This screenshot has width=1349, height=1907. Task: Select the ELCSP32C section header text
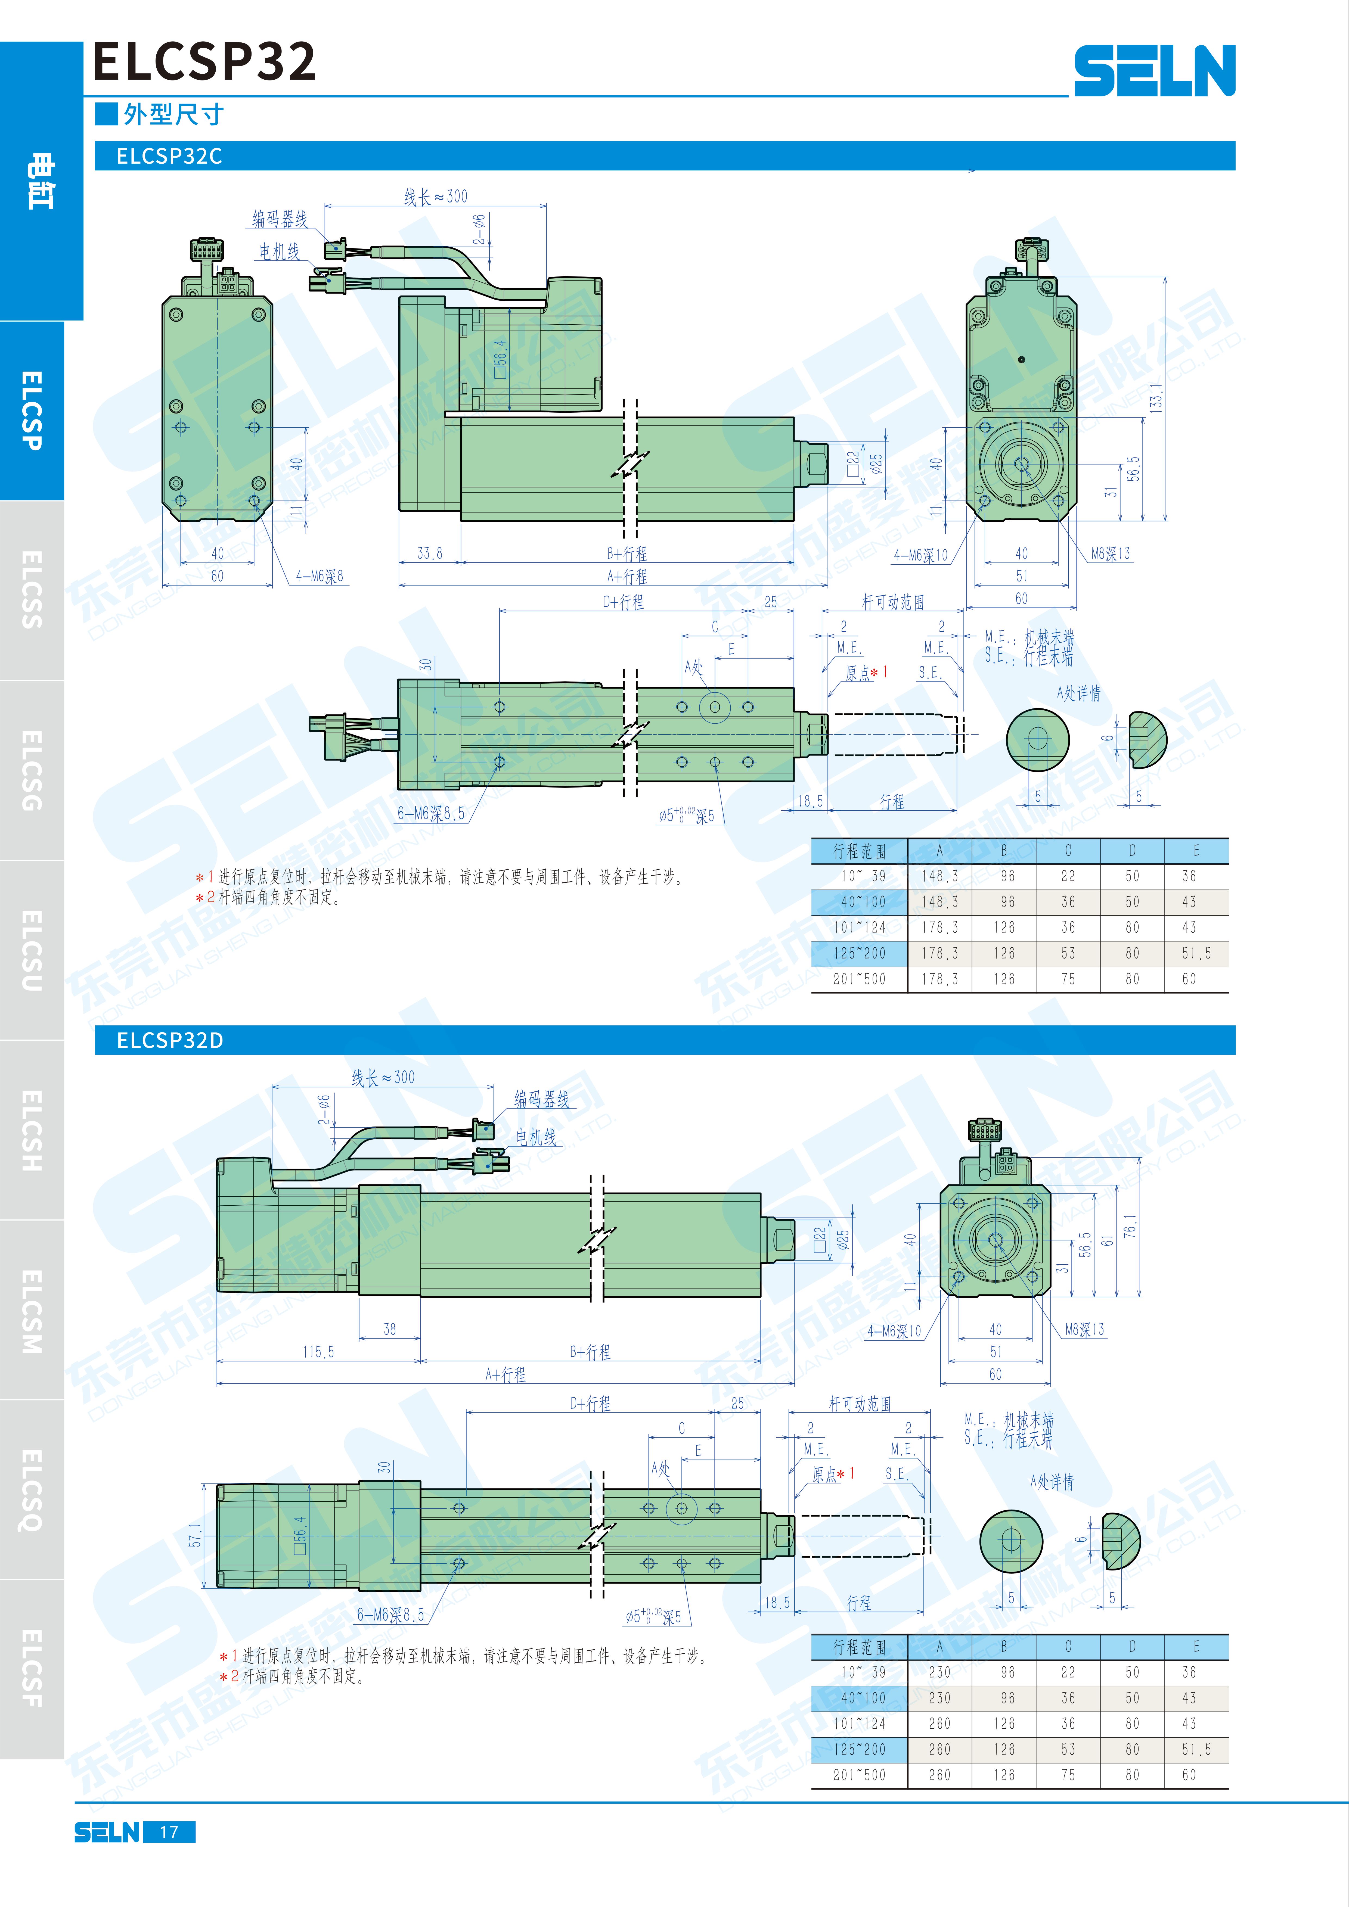(x=169, y=156)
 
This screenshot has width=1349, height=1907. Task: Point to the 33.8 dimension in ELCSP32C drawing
(x=429, y=553)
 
